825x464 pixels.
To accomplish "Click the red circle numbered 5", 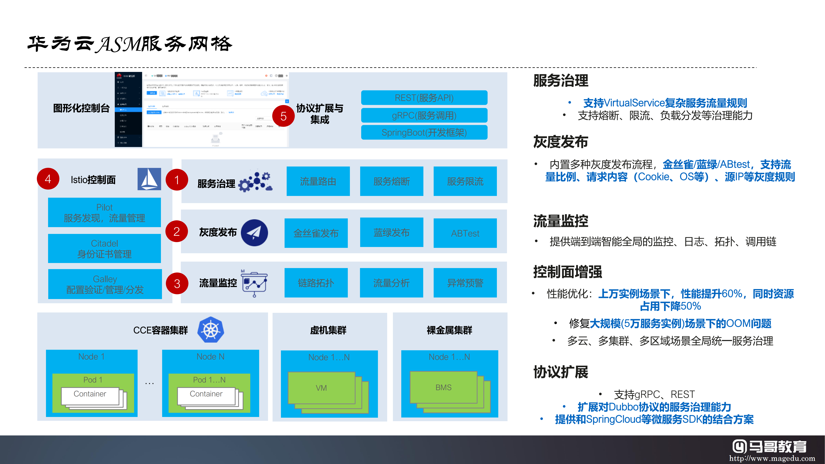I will [283, 116].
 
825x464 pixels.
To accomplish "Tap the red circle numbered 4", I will [48, 179].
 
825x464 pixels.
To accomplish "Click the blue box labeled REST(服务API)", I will [424, 98].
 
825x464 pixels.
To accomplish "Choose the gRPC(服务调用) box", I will [424, 115].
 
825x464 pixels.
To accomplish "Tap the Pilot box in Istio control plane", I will [104, 212].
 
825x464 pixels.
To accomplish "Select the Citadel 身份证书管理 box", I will [104, 249].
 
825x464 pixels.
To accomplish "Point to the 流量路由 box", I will [318, 181].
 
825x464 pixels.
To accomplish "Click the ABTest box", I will [465, 233].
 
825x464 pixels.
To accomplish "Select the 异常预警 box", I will [465, 283].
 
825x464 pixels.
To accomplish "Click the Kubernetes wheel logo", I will [211, 330].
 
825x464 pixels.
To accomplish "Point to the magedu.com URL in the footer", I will [772, 458].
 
